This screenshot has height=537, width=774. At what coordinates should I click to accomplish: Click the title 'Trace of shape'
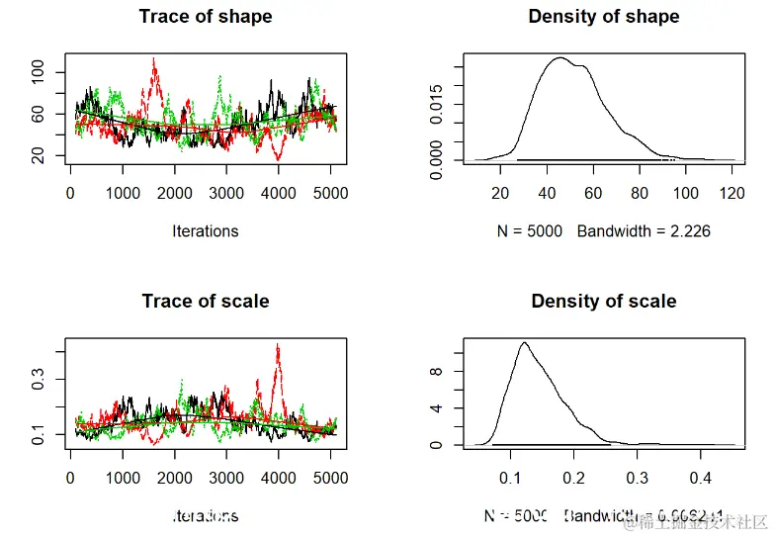coord(206,17)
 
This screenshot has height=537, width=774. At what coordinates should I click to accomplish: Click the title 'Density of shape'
coord(604,17)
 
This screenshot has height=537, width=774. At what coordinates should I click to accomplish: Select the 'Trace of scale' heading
coord(206,301)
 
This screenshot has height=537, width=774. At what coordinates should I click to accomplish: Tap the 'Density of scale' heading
coord(604,301)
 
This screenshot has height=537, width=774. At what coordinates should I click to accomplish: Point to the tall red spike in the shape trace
coord(153,61)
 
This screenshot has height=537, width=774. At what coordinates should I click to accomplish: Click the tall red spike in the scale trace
coord(279,347)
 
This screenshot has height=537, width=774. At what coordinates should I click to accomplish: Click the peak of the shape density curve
coord(559,58)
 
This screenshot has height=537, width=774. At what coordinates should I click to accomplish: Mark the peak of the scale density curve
coord(524,343)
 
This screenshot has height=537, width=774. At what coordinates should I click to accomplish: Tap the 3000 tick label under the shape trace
coord(226,194)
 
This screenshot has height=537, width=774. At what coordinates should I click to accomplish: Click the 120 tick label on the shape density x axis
coord(731,194)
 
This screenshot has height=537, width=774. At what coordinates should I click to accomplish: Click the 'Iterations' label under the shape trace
coord(206,231)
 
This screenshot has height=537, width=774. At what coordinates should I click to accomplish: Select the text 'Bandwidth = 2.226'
coord(644,231)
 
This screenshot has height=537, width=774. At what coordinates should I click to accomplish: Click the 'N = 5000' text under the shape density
coord(531,231)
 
